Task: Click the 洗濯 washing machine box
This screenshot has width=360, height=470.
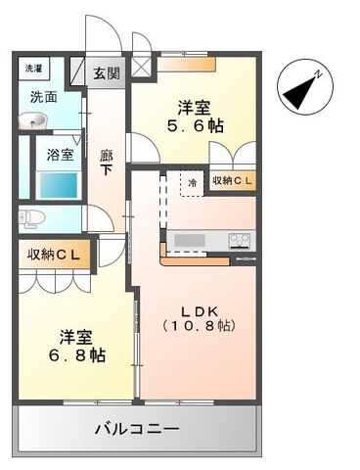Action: point(33,69)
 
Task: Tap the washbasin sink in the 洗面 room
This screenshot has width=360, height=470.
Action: point(32,120)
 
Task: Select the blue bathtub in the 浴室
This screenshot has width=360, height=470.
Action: point(59,185)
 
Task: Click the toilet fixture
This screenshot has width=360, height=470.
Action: point(32,218)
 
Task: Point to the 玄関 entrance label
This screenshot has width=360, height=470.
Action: point(107,74)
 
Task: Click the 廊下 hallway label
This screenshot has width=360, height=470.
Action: point(106,163)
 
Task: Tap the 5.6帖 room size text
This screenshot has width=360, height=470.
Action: point(195,125)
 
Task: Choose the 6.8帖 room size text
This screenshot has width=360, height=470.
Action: point(77,355)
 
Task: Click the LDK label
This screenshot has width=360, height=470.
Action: point(200,311)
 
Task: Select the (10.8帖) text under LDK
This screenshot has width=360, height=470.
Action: point(200,326)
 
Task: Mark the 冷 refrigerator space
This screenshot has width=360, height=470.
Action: point(193,183)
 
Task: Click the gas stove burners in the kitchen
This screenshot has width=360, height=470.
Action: point(240,241)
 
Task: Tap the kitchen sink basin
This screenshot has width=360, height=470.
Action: point(190,241)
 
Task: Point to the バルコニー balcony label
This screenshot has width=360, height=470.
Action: point(137,428)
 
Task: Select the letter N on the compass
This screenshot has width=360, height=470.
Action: point(318,74)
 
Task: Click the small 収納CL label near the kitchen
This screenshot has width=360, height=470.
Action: point(232,181)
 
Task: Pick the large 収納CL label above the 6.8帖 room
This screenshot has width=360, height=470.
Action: point(54,255)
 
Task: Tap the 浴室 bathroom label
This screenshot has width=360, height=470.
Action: point(60,155)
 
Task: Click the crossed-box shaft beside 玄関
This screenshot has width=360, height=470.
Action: point(141,68)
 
